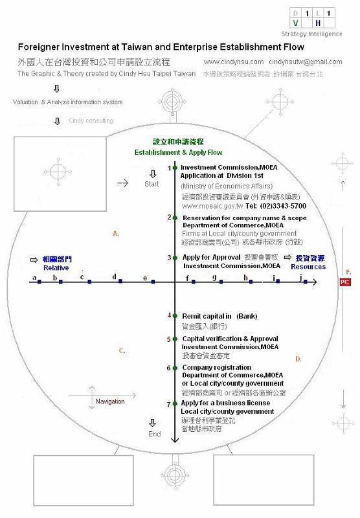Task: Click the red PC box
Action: click(x=346, y=282)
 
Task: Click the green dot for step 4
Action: click(x=175, y=315)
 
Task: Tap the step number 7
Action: click(x=169, y=404)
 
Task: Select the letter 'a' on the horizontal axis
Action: click(x=33, y=278)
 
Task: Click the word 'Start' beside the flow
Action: click(x=152, y=184)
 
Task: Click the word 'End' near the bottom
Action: click(x=154, y=434)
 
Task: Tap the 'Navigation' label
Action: click(x=110, y=401)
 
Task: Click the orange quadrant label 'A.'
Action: click(x=116, y=233)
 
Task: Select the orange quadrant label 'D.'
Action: click(x=298, y=359)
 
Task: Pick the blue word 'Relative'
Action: click(x=56, y=267)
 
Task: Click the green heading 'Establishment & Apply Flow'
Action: click(x=178, y=152)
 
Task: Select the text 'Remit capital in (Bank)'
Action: click(x=219, y=316)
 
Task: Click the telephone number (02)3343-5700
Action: click(x=284, y=205)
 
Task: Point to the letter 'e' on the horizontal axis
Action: click(x=144, y=278)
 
